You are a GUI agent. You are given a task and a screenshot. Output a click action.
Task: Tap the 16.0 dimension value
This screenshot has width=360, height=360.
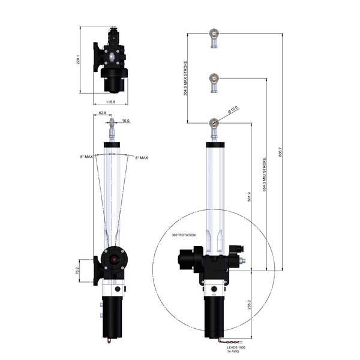pos(125,121)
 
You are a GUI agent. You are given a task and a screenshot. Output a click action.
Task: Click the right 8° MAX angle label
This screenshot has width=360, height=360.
pos(141,157)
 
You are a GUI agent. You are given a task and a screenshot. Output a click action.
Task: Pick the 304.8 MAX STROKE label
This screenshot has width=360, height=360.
pos(186,78)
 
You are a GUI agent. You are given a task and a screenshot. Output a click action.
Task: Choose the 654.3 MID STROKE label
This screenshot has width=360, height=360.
pos(265,174)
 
